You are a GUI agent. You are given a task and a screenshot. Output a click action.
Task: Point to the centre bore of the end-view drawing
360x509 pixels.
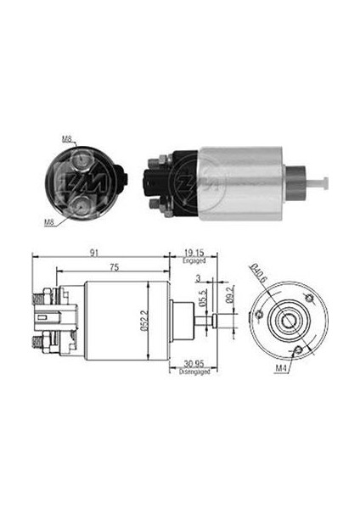[285, 321]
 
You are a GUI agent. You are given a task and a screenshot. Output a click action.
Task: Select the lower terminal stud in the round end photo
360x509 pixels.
[80, 203]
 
